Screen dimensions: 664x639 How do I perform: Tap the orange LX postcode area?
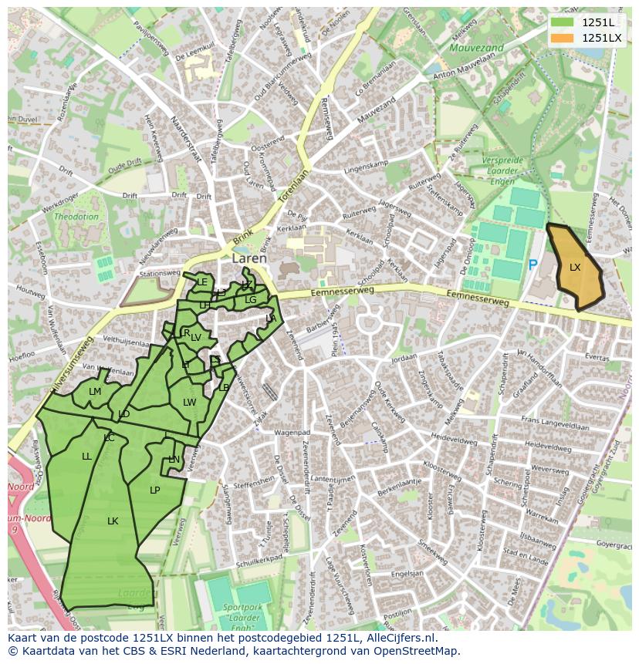pos(575,268)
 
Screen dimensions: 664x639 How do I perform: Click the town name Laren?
pos(249,259)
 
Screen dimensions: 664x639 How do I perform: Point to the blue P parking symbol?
pos(532,265)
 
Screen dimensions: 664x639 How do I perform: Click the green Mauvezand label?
pos(476,48)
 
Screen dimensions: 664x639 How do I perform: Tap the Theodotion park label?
pos(76,217)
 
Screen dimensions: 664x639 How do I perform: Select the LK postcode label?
pos(113,521)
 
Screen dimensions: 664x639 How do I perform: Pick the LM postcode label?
pos(95,392)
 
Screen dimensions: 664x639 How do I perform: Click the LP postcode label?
pos(154,490)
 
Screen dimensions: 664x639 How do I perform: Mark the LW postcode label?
pos(189,403)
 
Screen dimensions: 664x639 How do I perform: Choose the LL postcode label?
pos(86,457)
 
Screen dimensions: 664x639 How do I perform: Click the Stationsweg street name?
pos(160,273)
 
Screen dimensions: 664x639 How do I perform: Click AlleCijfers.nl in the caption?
pos(401,638)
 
